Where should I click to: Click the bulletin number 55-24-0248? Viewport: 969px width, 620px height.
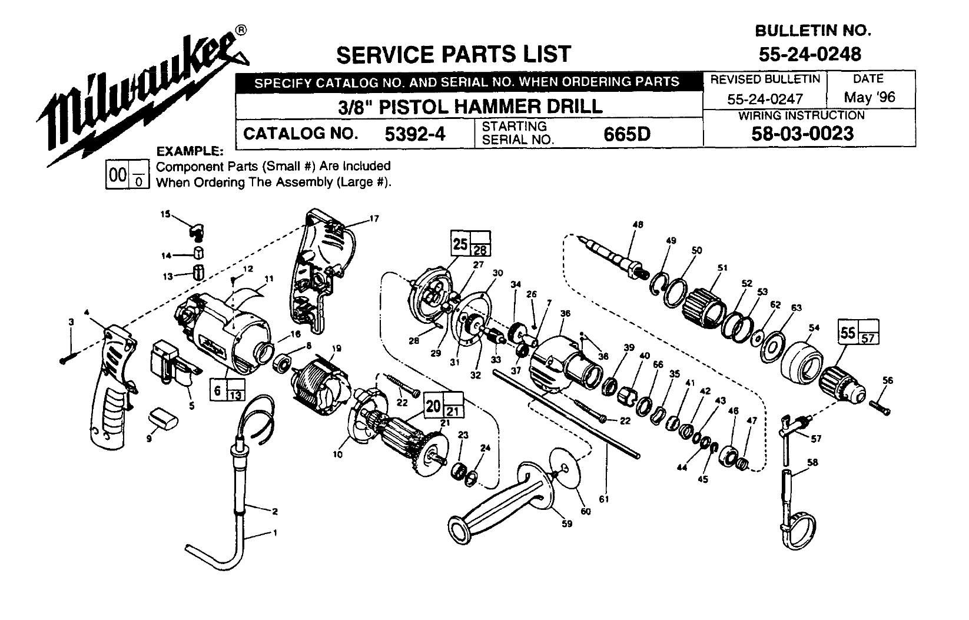(809, 54)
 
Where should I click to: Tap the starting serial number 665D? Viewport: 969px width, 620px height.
(627, 134)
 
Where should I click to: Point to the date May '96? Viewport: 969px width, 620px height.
(869, 97)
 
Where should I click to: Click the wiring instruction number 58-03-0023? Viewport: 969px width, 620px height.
(802, 134)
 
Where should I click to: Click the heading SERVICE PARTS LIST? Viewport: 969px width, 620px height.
(453, 54)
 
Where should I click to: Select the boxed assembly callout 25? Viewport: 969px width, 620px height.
(460, 242)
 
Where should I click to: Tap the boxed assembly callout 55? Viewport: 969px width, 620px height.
(848, 333)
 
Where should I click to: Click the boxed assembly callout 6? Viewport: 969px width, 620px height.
(218, 391)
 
